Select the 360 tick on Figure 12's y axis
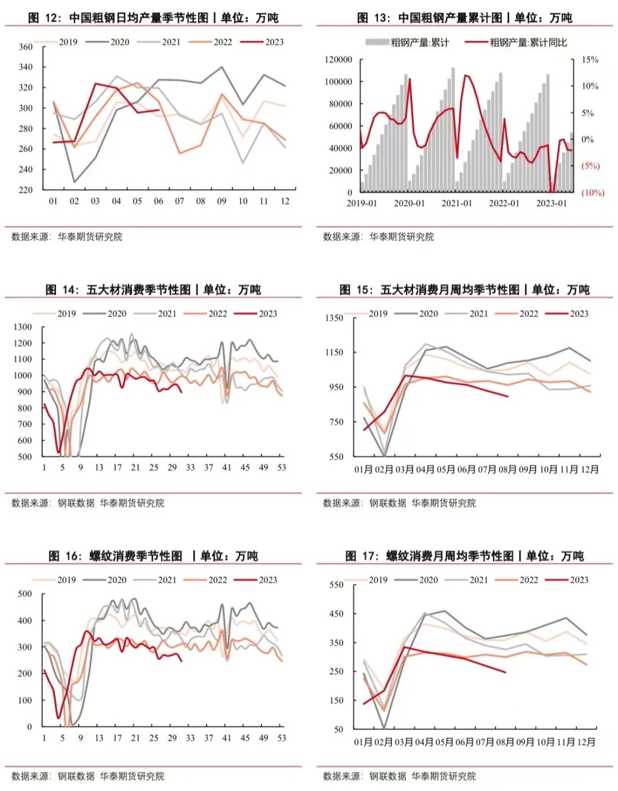26,47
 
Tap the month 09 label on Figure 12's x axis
221,201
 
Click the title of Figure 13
464,18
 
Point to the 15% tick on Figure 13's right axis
589,60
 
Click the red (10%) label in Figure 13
592,193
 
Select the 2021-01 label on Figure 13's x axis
457,203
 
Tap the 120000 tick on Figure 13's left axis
338,60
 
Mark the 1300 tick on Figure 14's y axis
23,327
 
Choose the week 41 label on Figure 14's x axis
227,468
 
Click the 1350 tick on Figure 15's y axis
335,318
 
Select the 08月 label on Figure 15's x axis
507,469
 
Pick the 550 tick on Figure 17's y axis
336,585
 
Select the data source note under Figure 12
67,236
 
